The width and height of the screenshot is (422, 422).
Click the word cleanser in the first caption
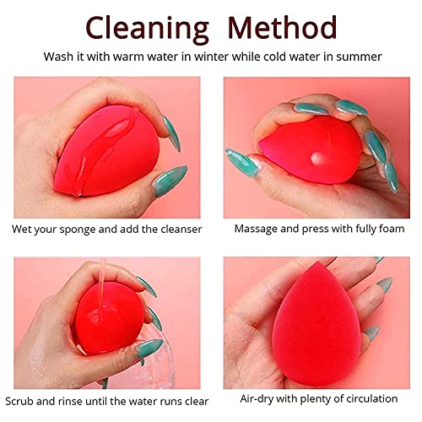(176, 230)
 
